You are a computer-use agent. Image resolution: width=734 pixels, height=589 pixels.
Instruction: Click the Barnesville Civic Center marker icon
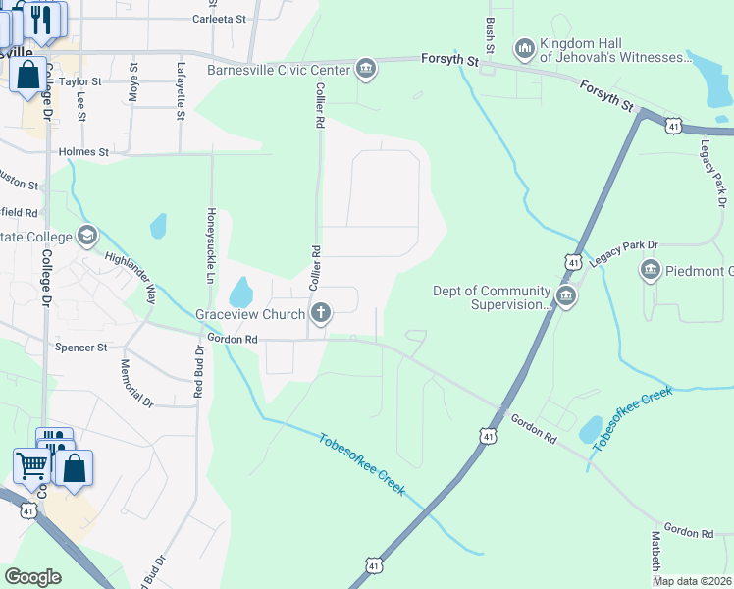click(366, 69)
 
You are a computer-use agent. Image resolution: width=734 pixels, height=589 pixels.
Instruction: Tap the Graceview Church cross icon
click(320, 314)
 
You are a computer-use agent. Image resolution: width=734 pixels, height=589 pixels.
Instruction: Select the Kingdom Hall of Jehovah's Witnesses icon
click(524, 47)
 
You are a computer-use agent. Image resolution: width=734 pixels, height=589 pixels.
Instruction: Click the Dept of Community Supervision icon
click(565, 296)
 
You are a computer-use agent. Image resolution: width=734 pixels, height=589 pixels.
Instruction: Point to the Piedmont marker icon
click(649, 270)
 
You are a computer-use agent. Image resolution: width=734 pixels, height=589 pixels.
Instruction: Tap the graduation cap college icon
click(87, 237)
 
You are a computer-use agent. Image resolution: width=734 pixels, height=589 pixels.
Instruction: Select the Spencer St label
click(81, 348)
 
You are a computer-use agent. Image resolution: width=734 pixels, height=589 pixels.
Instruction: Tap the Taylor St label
click(80, 82)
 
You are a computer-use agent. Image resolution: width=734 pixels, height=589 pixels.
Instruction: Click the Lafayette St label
click(181, 91)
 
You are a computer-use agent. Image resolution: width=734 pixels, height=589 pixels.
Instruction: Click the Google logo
click(32, 577)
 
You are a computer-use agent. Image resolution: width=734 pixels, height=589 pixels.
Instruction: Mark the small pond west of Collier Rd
click(239, 292)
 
